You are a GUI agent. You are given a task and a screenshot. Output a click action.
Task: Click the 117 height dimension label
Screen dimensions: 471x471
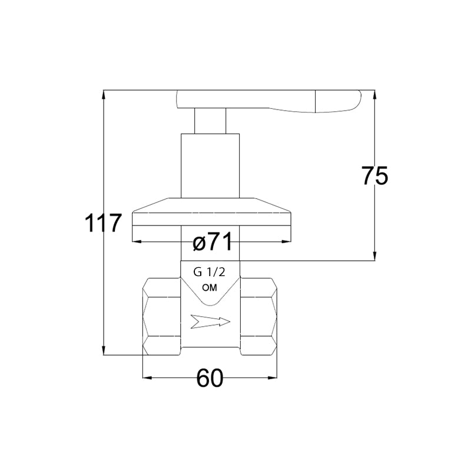pyautogui.click(x=103, y=223)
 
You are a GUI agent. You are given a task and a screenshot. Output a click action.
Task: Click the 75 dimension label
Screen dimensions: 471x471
pyautogui.click(x=374, y=175)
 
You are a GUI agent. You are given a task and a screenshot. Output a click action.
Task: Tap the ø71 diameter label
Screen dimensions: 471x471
pyautogui.click(x=213, y=241)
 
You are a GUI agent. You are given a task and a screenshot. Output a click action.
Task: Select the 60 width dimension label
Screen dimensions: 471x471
pyautogui.click(x=210, y=378)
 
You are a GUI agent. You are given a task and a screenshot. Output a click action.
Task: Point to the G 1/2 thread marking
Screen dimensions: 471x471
pyautogui.click(x=209, y=272)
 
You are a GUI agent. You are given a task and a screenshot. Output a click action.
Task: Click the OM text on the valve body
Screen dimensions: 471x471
pyautogui.click(x=210, y=288)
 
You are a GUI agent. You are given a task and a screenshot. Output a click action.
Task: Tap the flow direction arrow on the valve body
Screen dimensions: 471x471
pyautogui.click(x=210, y=321)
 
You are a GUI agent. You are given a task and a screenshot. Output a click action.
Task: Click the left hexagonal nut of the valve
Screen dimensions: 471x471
pyautogui.click(x=161, y=317)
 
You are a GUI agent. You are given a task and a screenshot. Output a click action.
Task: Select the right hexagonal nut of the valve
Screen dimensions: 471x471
pyautogui.click(x=258, y=317)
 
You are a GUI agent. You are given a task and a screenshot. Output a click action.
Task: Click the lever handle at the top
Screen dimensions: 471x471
pyautogui.click(x=269, y=101)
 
